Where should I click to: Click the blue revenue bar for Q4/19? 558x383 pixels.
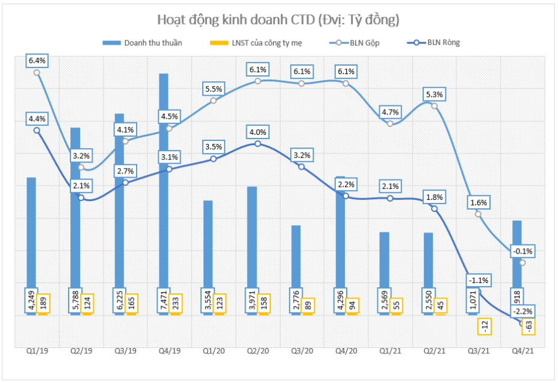(163, 181)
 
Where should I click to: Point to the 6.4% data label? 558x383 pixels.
(37, 60)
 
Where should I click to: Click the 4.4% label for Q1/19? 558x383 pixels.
(37, 119)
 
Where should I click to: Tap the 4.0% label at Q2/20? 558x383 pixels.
(258, 132)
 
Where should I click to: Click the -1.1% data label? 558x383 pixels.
(478, 280)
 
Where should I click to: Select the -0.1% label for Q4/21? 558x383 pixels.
(522, 251)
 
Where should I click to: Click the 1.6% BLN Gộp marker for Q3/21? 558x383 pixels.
(478, 214)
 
